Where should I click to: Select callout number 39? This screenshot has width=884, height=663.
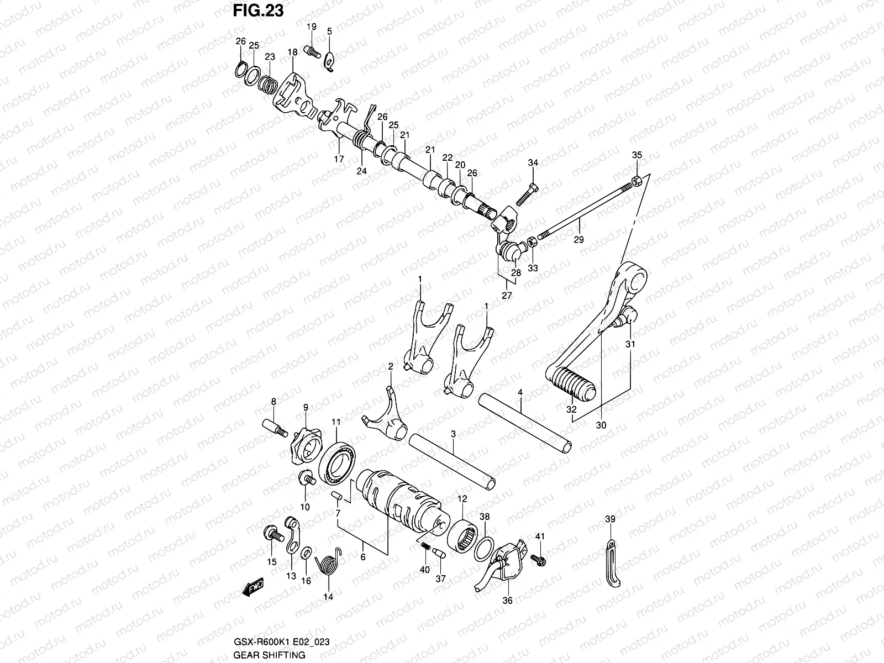[x=609, y=519]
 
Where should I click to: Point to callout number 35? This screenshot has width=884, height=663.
[x=636, y=155]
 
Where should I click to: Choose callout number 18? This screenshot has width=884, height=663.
[x=292, y=52]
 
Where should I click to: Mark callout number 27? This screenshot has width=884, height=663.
[x=506, y=296]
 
